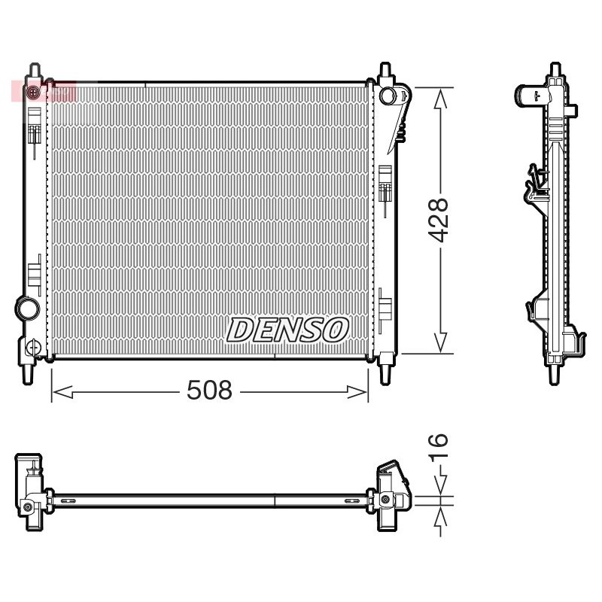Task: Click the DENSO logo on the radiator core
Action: point(287,330)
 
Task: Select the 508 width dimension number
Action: point(210,390)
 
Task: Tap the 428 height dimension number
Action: point(438,220)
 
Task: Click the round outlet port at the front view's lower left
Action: point(27,308)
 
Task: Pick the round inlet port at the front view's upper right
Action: point(388,96)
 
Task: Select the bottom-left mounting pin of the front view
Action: point(28,373)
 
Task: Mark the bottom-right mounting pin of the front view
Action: point(385,373)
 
